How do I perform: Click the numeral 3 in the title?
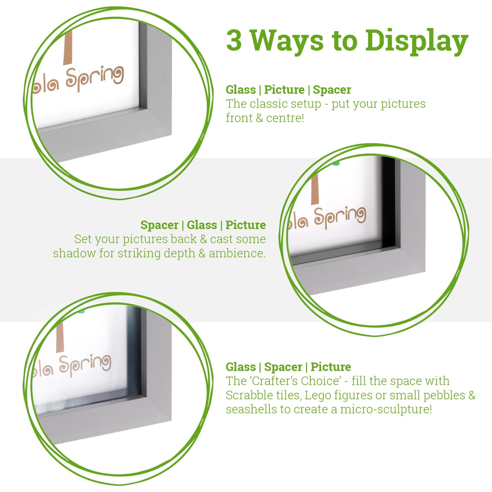coord(234,41)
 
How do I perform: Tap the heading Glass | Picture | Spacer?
coord(288,90)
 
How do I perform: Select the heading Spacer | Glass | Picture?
coord(203,225)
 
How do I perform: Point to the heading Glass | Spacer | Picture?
coord(288,367)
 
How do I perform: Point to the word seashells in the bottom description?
coord(251,409)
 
